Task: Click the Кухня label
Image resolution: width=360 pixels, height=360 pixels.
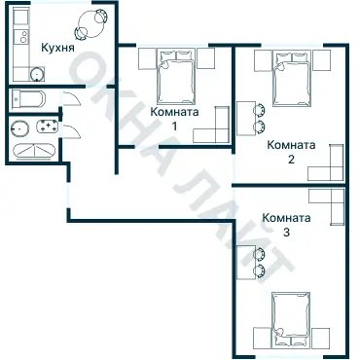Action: [x=57, y=48]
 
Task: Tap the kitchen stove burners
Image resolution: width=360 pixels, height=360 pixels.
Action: [x=23, y=37]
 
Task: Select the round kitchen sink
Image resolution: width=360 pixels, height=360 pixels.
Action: [x=37, y=74]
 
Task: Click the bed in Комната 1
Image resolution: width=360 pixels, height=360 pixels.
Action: [x=176, y=77]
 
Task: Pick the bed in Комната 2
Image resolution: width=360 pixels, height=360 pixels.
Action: [x=292, y=79]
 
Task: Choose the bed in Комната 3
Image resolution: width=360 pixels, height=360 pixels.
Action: [x=291, y=319]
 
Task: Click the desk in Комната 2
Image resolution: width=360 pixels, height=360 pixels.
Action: [x=245, y=119]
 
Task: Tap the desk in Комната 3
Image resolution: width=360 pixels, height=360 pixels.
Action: [x=245, y=263]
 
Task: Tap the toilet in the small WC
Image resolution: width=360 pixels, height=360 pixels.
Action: [x=28, y=99]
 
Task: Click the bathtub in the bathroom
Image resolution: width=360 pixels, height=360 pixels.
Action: [x=34, y=151]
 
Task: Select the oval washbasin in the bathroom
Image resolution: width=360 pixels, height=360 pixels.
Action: [x=19, y=128]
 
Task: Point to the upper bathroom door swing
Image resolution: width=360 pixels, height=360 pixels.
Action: [x=72, y=98]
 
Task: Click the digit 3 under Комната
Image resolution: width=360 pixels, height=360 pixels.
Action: [x=286, y=233]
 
